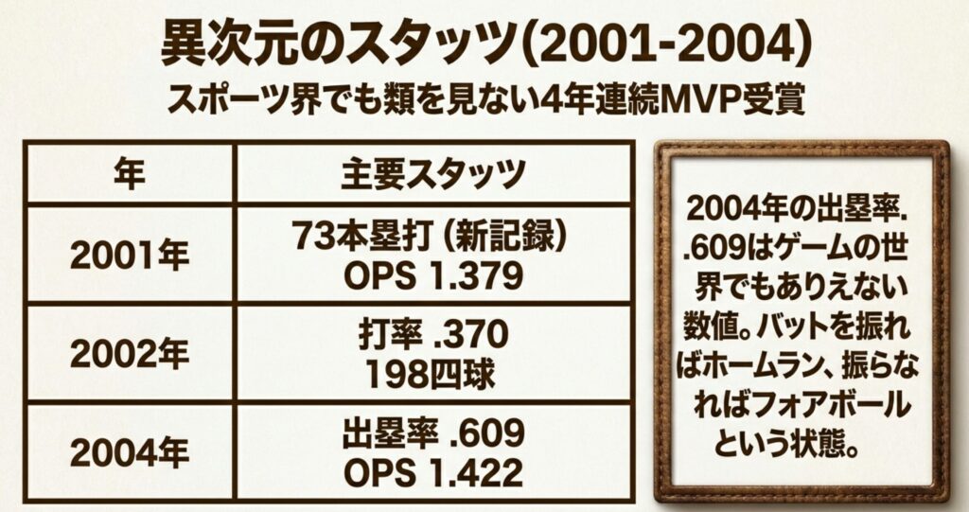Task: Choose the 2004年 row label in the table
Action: (128, 452)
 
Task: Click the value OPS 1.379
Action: (433, 274)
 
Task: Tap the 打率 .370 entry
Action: (433, 334)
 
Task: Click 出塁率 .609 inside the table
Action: (433, 435)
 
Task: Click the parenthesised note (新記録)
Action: (505, 237)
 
